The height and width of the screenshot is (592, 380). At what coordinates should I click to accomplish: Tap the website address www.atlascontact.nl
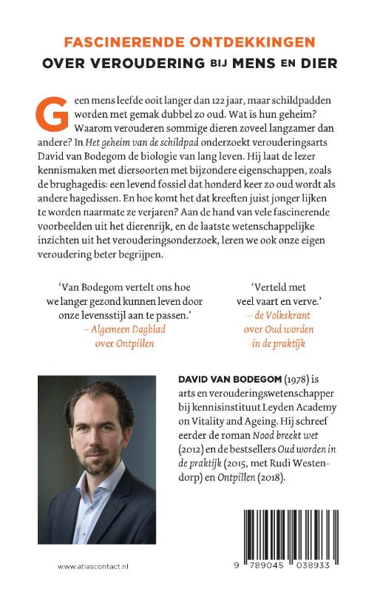(x=93, y=565)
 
